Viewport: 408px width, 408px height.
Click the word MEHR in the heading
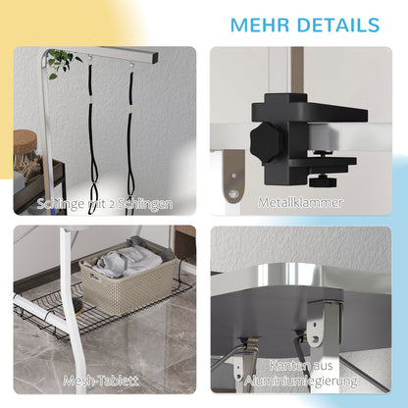[260, 25]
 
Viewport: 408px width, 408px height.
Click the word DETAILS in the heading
[338, 25]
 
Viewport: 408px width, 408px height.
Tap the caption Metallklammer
[300, 202]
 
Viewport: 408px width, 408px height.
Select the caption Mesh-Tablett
[101, 381]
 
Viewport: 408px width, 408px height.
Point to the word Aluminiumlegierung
[301, 381]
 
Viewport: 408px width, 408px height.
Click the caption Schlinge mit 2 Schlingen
[105, 204]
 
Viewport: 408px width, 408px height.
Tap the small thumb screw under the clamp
[323, 180]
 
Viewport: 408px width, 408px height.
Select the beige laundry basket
[128, 280]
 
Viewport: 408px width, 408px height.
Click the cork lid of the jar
[25, 140]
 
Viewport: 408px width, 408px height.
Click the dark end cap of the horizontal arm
[154, 58]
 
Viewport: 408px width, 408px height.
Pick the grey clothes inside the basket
[130, 259]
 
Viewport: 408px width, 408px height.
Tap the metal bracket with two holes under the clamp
[233, 176]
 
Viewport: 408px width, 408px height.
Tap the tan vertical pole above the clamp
[297, 71]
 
